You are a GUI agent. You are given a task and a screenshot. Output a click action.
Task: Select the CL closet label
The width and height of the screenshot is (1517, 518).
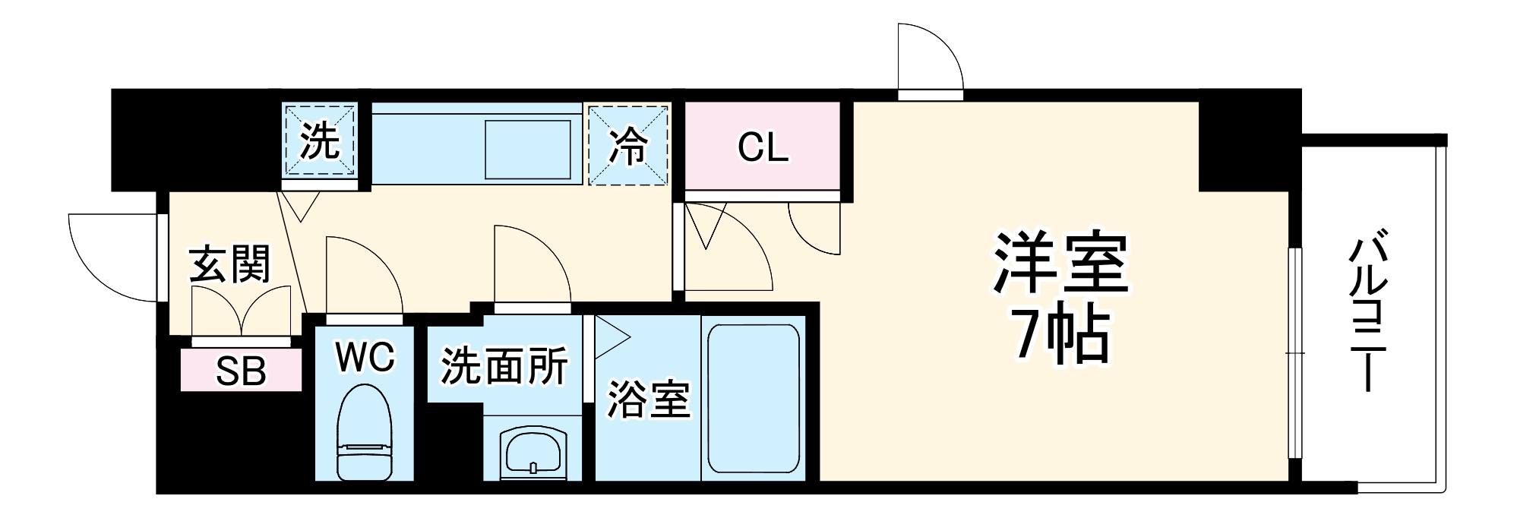click(763, 148)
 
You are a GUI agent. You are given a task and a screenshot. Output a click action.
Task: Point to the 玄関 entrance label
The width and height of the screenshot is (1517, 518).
click(229, 264)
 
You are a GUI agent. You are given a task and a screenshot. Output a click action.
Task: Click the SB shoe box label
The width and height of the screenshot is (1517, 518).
click(242, 372)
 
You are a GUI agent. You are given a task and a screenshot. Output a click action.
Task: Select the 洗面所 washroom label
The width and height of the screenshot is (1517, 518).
click(504, 367)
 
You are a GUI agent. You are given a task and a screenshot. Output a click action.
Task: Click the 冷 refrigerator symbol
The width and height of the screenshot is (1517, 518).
click(629, 145)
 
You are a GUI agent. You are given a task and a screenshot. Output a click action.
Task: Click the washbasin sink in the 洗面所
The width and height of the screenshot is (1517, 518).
click(533, 452)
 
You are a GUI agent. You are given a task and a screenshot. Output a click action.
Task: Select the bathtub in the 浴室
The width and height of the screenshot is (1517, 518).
click(753, 399)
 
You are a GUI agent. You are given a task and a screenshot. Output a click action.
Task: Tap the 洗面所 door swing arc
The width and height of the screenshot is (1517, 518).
click(531, 266)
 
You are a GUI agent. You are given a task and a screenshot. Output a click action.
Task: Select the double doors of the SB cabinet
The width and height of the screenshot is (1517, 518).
click(242, 311)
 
